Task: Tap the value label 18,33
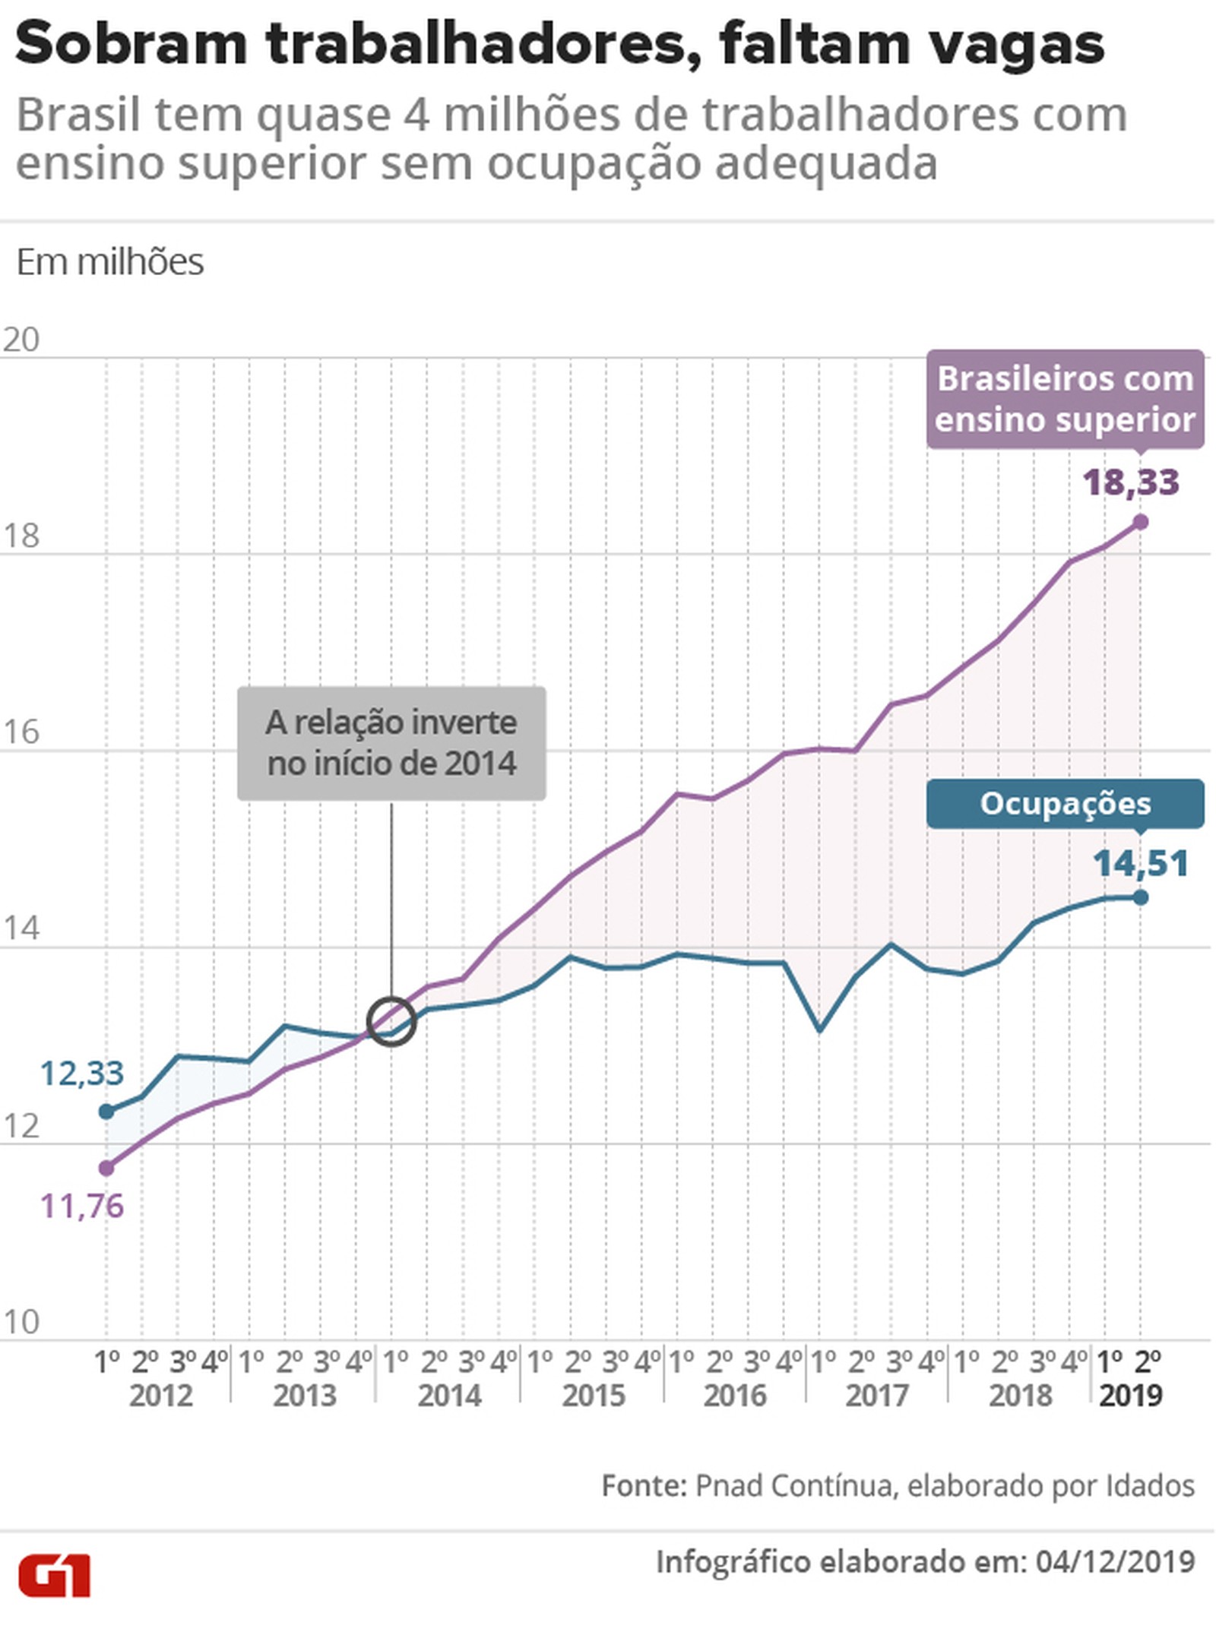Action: point(1130,482)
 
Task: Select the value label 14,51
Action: point(1140,864)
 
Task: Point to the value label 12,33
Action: point(81,1073)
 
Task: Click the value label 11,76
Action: point(81,1206)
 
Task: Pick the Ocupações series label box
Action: point(1064,803)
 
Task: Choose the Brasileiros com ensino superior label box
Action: point(1064,399)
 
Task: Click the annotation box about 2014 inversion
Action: point(391,743)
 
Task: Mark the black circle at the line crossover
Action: point(391,1022)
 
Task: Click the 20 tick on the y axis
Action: point(21,340)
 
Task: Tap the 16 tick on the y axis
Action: point(21,732)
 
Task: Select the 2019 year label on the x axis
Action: point(1130,1396)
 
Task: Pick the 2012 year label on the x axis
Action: point(160,1396)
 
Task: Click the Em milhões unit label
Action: point(110,262)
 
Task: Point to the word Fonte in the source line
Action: point(644,1485)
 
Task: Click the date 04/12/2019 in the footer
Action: point(1115,1562)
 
